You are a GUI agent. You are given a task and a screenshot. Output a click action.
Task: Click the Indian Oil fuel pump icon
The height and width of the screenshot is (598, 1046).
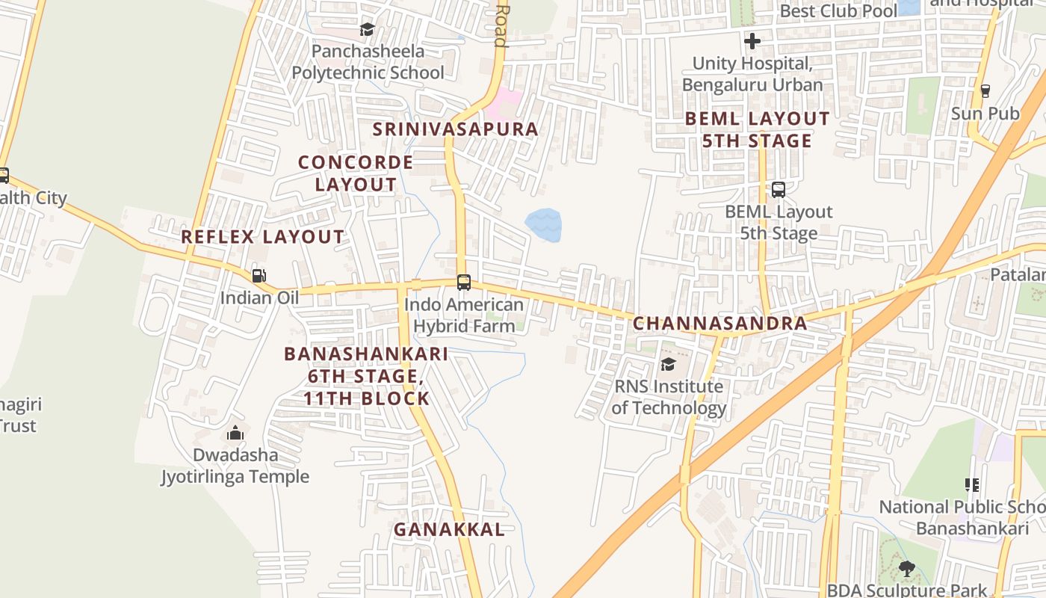coord(259,276)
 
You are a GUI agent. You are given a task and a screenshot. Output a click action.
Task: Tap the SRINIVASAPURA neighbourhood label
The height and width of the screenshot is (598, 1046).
coord(455,129)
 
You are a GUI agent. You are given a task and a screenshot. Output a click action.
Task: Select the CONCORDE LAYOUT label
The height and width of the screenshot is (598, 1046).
coord(356,173)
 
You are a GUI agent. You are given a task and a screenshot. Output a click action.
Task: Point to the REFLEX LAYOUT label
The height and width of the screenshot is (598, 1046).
coord(263,237)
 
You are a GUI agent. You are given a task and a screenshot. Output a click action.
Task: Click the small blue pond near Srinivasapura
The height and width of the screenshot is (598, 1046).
coord(543,225)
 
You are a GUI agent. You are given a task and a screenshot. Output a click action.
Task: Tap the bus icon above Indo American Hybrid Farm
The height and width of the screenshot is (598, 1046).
coord(463,283)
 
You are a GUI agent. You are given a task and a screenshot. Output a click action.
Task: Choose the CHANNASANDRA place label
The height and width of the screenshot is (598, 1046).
coord(719,324)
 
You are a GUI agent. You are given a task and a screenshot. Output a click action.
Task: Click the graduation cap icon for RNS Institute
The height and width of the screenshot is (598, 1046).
coord(668,364)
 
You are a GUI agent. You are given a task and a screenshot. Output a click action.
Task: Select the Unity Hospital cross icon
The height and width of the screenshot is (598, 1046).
coord(752,41)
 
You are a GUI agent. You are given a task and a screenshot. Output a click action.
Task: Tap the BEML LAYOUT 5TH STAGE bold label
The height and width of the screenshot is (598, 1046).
coord(757,129)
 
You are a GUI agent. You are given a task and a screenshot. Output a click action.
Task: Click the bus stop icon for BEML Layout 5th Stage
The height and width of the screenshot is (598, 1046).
coord(778,190)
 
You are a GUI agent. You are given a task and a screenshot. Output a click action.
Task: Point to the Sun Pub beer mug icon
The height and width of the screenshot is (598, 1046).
coord(985,91)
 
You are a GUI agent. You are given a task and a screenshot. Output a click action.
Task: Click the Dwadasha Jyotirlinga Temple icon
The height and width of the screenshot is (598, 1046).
coord(235,433)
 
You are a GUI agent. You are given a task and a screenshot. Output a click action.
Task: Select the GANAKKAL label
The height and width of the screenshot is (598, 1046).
coord(449,530)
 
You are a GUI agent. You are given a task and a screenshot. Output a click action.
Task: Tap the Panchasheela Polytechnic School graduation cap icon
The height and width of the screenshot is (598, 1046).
coord(367,30)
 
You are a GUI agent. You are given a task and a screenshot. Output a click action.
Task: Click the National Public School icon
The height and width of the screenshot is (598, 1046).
coord(971,485)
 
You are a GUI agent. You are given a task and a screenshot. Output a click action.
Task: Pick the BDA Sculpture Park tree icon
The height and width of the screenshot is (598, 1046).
coord(907,570)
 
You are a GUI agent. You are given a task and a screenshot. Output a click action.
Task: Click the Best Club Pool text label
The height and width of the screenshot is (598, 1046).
coord(838,11)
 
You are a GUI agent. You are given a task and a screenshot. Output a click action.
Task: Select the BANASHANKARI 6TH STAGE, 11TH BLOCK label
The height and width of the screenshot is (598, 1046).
coord(366,375)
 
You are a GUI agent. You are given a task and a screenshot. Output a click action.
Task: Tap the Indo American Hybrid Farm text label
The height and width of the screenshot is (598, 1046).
coord(464,315)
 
